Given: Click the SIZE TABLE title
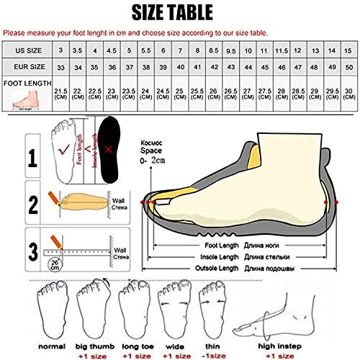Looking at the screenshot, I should click(x=180, y=12).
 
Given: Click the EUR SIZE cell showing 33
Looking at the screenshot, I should click(x=61, y=67).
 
